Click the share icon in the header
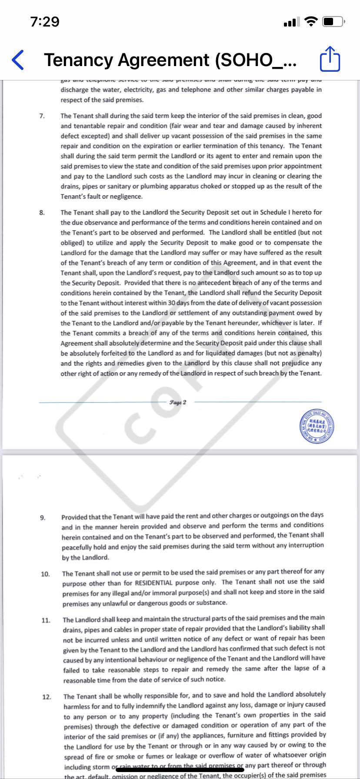(x=330, y=59)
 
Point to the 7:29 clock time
(x=45, y=21)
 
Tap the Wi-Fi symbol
(x=311, y=21)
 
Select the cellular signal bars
(x=291, y=21)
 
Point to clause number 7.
(x=42, y=116)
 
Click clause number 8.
(x=42, y=213)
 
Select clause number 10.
(x=45, y=574)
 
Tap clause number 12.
(x=47, y=697)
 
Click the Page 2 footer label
(x=178, y=402)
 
